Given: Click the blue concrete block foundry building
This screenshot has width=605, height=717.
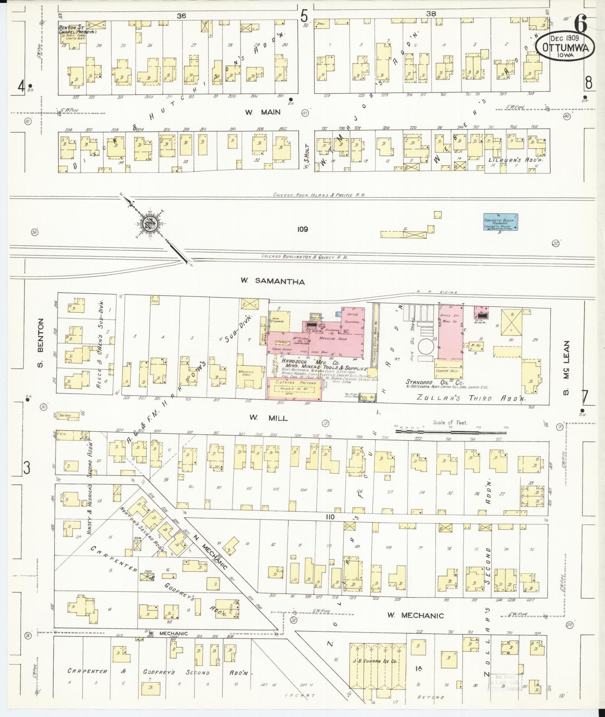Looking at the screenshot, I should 501,222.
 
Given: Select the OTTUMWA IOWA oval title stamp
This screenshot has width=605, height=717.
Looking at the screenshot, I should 564,46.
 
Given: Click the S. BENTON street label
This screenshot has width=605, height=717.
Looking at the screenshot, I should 41,343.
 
